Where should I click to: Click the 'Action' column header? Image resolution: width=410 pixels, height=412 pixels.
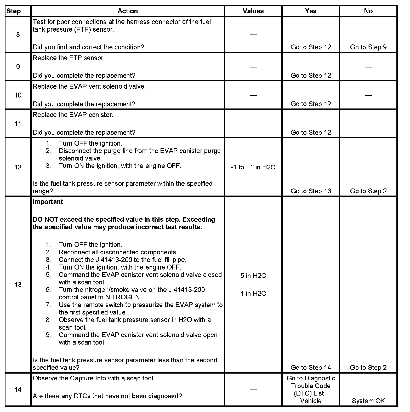(x=127, y=11)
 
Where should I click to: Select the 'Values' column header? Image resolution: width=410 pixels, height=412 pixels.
(x=253, y=11)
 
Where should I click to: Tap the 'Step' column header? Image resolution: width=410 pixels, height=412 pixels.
(x=14, y=11)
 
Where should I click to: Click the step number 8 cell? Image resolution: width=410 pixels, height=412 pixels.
(x=18, y=35)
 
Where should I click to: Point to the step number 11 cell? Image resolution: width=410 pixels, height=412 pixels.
(x=18, y=123)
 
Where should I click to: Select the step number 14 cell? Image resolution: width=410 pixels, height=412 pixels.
(x=18, y=390)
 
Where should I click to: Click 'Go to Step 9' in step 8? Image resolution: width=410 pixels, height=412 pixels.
(x=368, y=47)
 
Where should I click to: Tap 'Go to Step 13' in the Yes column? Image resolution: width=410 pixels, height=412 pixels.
(x=311, y=191)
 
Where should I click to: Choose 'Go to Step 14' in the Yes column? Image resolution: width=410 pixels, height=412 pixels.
(x=311, y=368)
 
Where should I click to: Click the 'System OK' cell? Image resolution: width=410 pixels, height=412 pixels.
(x=368, y=401)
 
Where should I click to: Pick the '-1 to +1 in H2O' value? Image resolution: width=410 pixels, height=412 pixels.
(x=253, y=167)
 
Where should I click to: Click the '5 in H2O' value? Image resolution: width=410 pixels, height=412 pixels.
(x=253, y=276)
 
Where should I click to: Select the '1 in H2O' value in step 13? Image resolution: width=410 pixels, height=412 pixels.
(x=253, y=294)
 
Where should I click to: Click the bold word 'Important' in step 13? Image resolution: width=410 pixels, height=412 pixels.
(x=48, y=202)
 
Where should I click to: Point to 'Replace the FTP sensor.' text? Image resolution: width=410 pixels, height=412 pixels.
(x=69, y=58)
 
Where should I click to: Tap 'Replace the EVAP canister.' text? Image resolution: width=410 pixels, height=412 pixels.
(x=73, y=115)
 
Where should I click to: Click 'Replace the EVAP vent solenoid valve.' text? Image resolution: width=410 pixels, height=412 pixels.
(x=89, y=87)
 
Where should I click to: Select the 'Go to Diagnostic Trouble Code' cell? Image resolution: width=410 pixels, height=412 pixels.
(x=311, y=390)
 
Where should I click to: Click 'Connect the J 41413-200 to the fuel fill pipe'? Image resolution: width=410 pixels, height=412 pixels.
(x=122, y=260)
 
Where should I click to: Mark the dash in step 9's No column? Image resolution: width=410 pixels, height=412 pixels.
(x=368, y=67)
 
